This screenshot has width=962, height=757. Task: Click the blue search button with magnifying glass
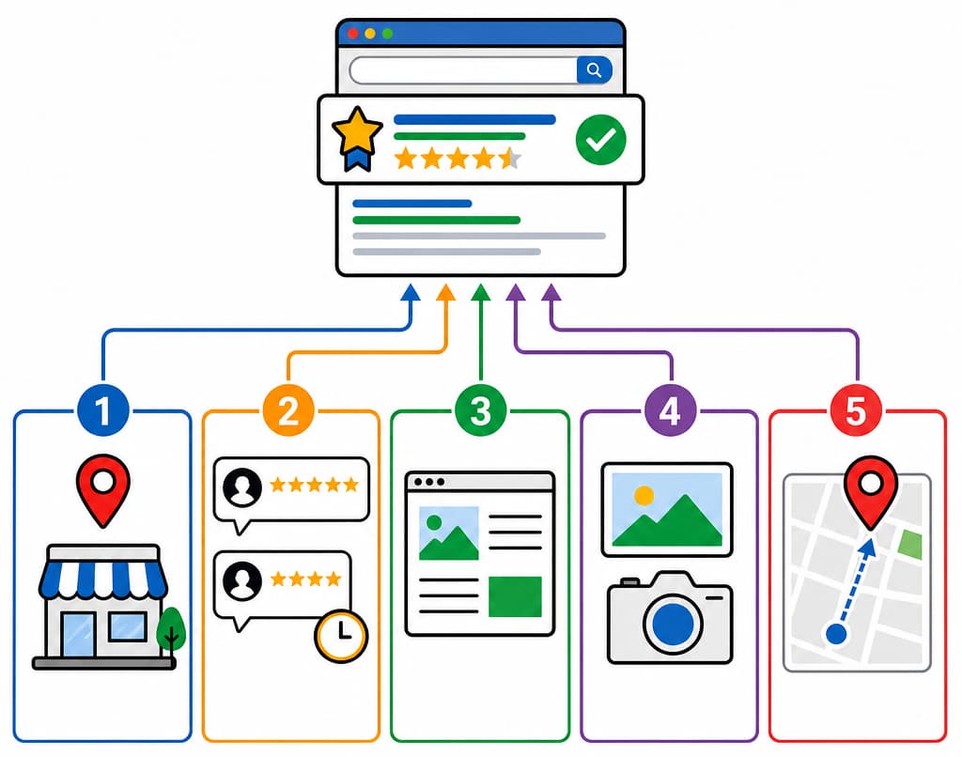(594, 70)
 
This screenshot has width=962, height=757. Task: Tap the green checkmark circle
(600, 140)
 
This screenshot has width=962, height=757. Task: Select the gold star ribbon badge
(357, 139)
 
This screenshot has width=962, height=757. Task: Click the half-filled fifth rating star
(510, 159)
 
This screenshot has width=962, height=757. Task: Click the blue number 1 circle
(103, 410)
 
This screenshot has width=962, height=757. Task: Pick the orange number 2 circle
(288, 410)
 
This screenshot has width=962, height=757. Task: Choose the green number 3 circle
(480, 410)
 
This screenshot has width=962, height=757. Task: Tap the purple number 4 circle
(671, 410)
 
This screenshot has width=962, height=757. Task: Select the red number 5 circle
(856, 410)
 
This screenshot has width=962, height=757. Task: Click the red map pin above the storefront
(103, 487)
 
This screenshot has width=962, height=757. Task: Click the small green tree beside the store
(171, 628)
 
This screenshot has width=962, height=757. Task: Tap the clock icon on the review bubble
(341, 636)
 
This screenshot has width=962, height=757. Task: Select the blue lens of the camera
(673, 624)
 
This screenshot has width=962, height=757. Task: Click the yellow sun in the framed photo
(644, 495)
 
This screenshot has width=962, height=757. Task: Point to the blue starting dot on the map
(836, 634)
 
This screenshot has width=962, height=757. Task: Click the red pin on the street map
(871, 490)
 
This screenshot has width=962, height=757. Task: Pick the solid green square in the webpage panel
(516, 596)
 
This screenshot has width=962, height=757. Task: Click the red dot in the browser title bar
(353, 33)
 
